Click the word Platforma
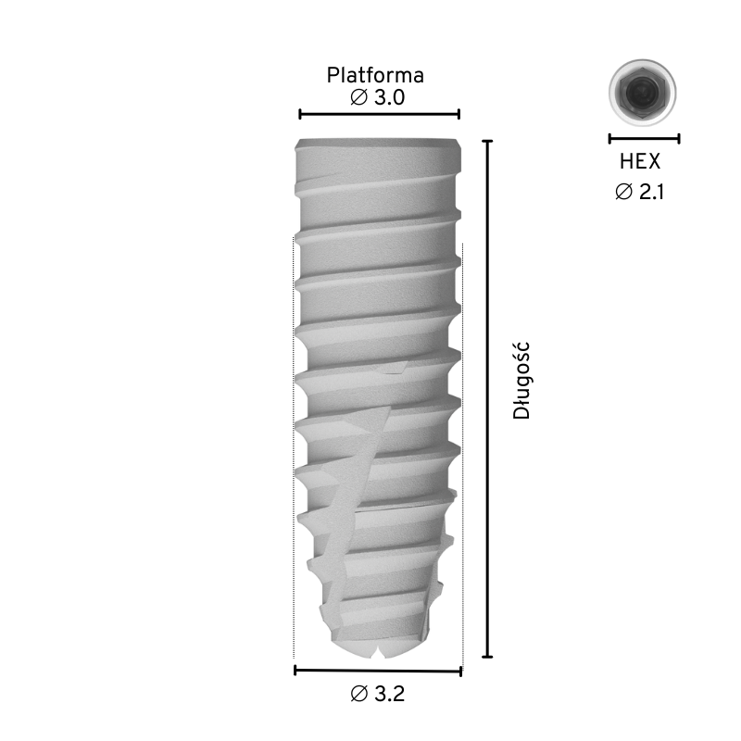point(375,75)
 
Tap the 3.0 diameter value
point(389,97)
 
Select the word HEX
point(640,161)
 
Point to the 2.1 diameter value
point(652,192)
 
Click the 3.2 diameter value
point(390,694)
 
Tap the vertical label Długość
point(521,381)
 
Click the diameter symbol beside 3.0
point(358,97)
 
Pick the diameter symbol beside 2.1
point(623,192)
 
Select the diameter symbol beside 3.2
point(359,694)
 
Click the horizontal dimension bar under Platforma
point(380,114)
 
